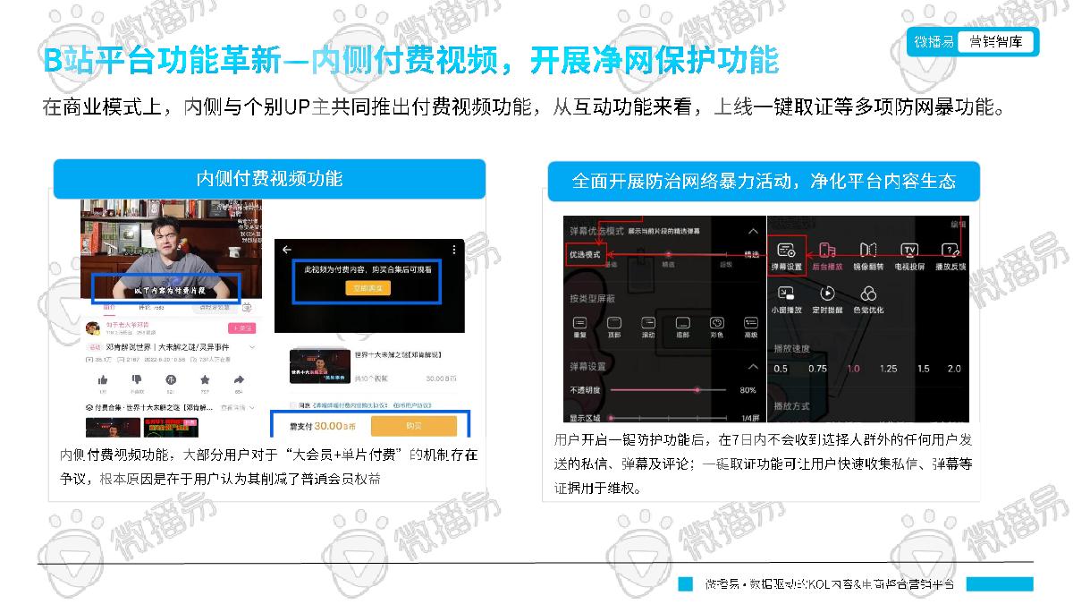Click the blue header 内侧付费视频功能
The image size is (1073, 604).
click(x=269, y=178)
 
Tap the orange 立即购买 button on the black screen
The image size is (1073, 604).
click(x=369, y=288)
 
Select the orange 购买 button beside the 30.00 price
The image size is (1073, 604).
click(x=413, y=426)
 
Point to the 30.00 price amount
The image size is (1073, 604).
click(x=328, y=427)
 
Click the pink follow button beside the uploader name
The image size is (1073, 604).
click(x=241, y=328)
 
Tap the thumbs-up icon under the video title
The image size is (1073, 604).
click(x=103, y=379)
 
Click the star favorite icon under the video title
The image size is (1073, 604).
click(x=205, y=379)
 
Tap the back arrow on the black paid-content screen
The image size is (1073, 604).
click(x=287, y=250)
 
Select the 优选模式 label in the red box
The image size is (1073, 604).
click(x=586, y=254)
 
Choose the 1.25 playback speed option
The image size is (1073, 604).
click(x=888, y=369)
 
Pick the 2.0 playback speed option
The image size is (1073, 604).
click(x=954, y=369)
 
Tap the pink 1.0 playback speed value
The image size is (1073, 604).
click(x=852, y=369)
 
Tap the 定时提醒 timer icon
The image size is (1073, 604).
click(x=827, y=293)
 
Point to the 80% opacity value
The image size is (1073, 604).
click(x=748, y=390)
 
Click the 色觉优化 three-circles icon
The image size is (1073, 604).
click(x=867, y=293)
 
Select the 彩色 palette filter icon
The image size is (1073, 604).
click(x=716, y=323)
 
